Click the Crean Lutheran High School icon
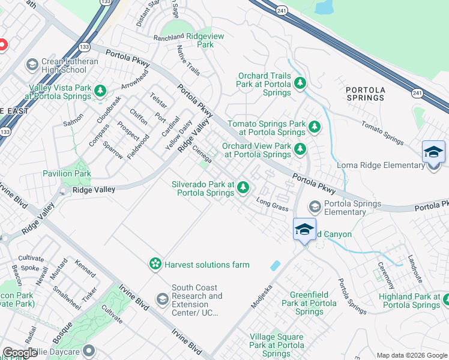[32, 64]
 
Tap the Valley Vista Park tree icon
[101, 91]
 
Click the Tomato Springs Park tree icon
[314, 127]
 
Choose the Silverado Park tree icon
[243, 188]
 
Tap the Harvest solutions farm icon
[155, 263]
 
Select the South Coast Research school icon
[162, 298]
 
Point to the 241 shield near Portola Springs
[417, 92]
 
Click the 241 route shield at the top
[282, 10]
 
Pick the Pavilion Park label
[67, 173]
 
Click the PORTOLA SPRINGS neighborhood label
[365, 93]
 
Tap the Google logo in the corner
[20, 353]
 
